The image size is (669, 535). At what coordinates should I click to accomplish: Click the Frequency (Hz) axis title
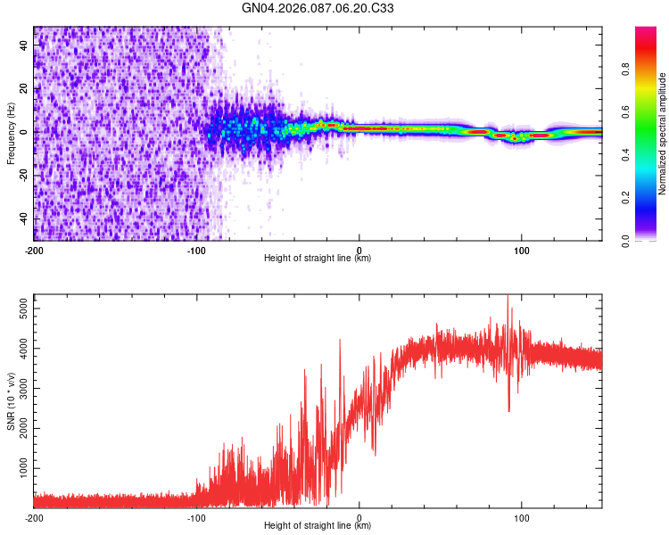click(11, 134)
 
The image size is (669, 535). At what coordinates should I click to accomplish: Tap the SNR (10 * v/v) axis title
click(11, 401)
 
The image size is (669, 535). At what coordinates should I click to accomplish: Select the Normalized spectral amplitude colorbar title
click(663, 134)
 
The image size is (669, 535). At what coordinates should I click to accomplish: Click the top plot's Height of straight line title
click(318, 259)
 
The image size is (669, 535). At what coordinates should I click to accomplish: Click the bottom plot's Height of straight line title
click(318, 526)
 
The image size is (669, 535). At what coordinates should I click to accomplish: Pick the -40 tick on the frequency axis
click(22, 218)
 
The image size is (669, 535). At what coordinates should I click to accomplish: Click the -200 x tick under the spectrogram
click(34, 249)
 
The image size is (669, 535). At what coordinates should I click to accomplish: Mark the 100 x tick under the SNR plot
click(521, 516)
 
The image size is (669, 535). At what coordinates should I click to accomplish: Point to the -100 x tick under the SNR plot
click(196, 516)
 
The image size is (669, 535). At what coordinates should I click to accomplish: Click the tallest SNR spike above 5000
click(508, 298)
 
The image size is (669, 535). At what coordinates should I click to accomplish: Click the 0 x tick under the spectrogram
click(359, 249)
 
